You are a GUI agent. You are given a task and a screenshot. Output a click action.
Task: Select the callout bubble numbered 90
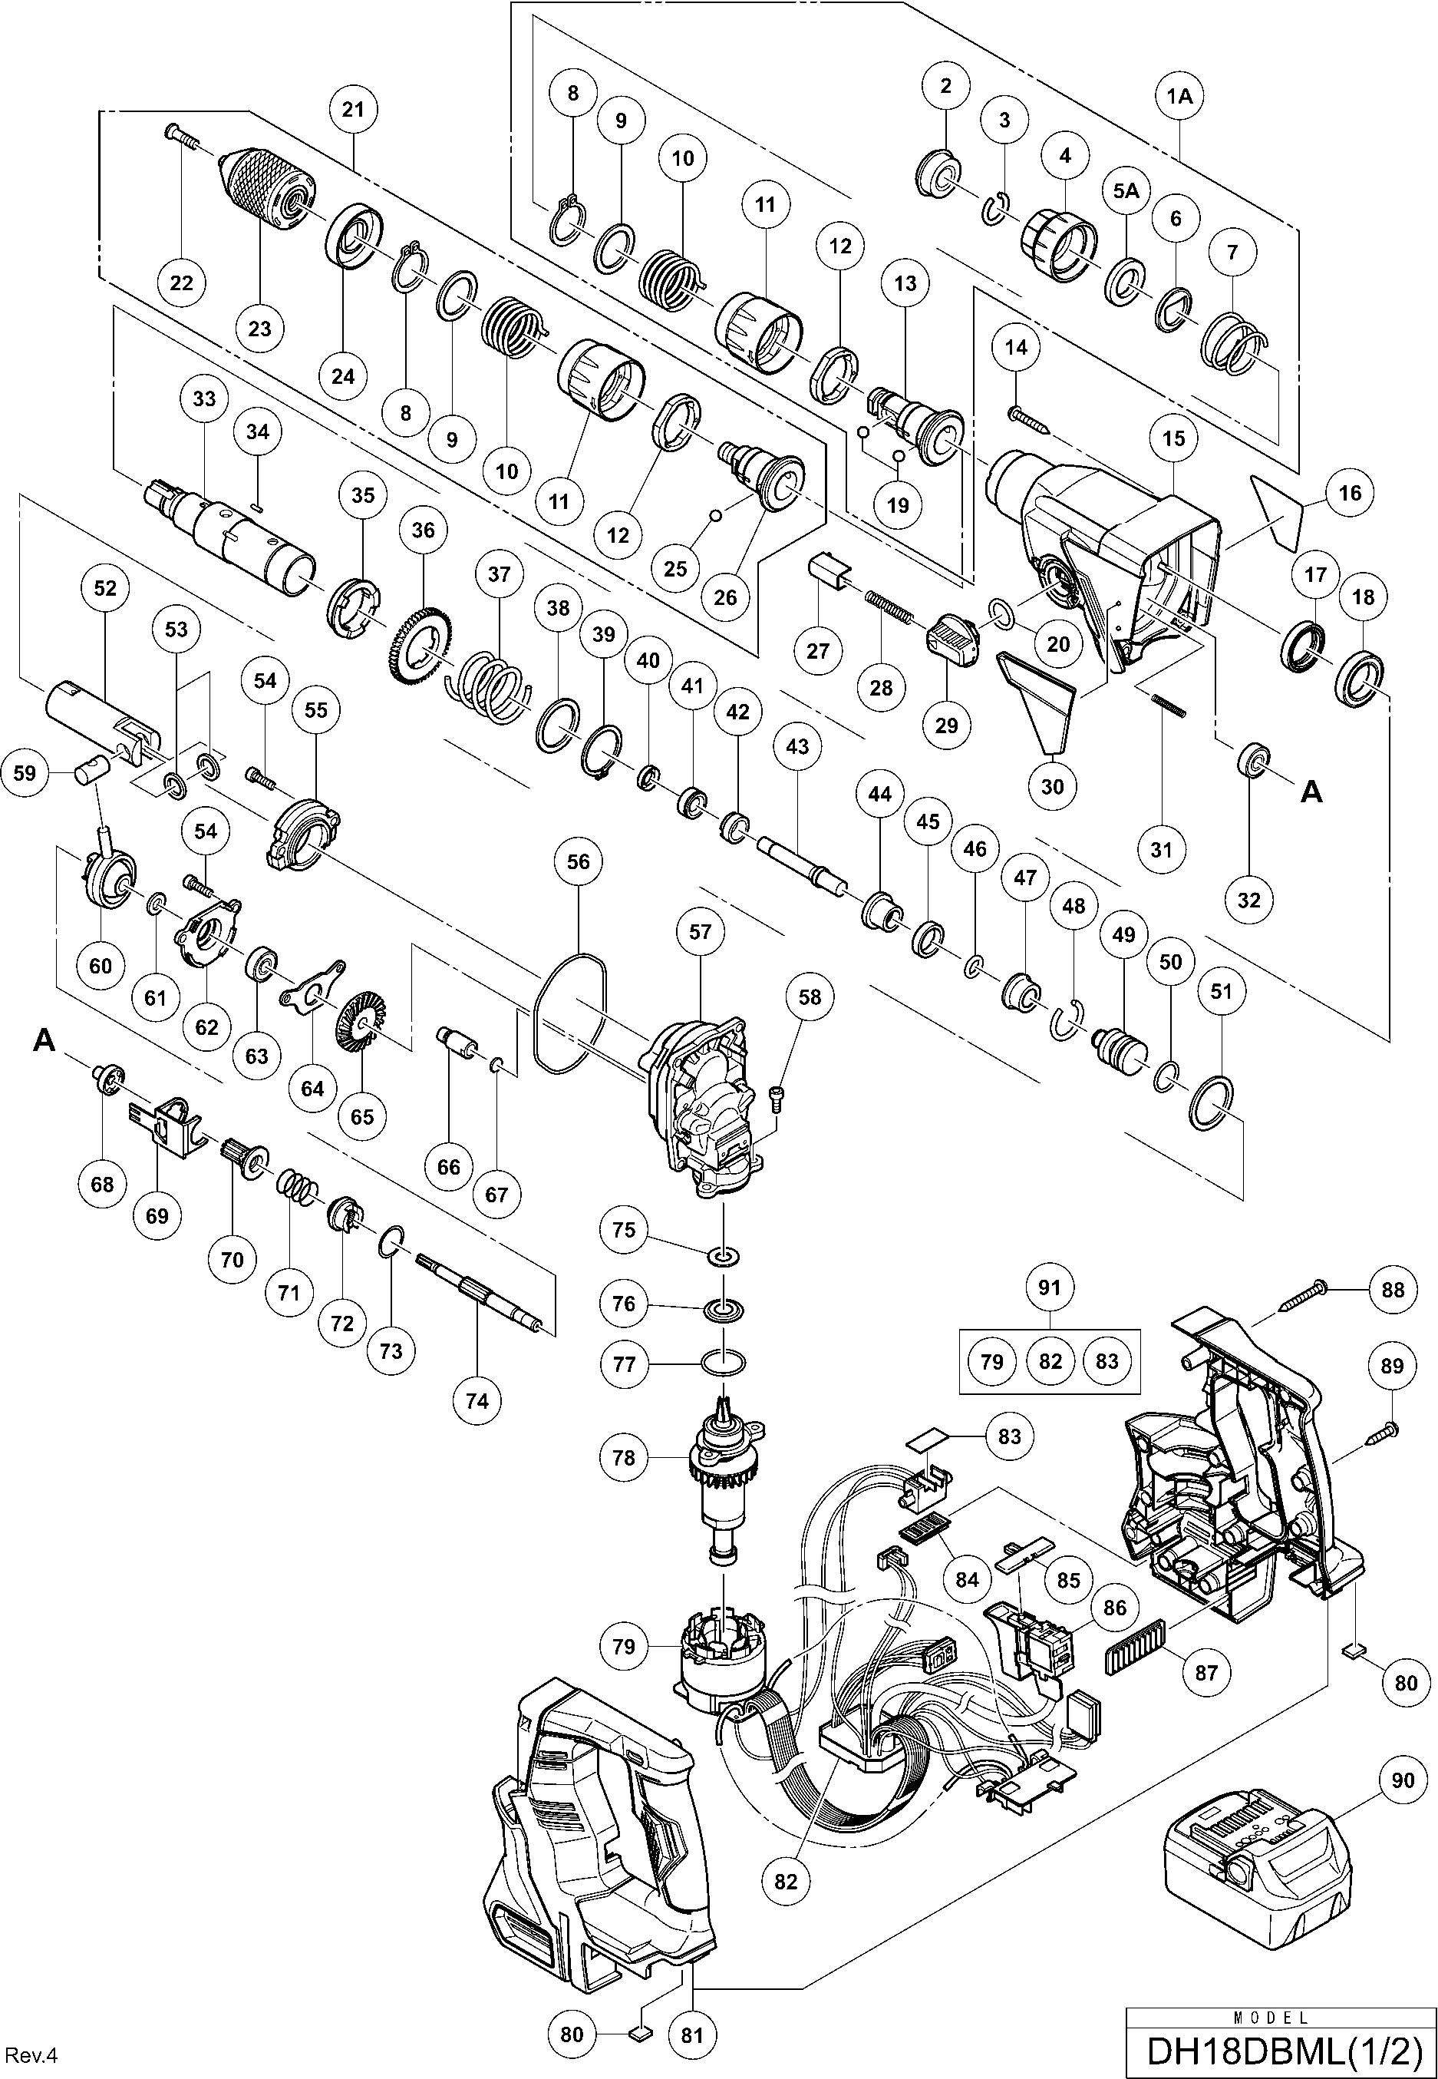[x=1403, y=1780]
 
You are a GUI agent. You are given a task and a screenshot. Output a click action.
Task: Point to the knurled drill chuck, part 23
[x=268, y=190]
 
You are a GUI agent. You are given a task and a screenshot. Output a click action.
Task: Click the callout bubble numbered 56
[x=578, y=861]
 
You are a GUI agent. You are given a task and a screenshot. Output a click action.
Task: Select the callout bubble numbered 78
[x=625, y=1457]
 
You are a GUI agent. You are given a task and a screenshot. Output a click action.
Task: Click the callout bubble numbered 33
[x=205, y=398]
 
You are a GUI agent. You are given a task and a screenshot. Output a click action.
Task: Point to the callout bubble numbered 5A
[x=1126, y=191]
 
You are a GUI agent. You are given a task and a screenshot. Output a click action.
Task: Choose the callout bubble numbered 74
[x=477, y=1400]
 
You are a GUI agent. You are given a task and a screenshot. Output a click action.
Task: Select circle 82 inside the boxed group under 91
[x=1050, y=1360]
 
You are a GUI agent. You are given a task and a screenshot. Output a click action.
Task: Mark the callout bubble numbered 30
[x=1052, y=787]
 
